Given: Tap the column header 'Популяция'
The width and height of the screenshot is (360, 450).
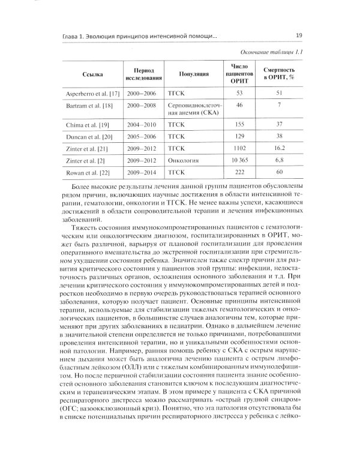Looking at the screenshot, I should point(194,74).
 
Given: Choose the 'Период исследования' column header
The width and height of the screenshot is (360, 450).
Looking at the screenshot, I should point(143,74).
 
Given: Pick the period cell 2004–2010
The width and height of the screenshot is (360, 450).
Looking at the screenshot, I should point(142,124).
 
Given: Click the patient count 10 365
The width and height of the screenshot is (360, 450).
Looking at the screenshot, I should point(239,160).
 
